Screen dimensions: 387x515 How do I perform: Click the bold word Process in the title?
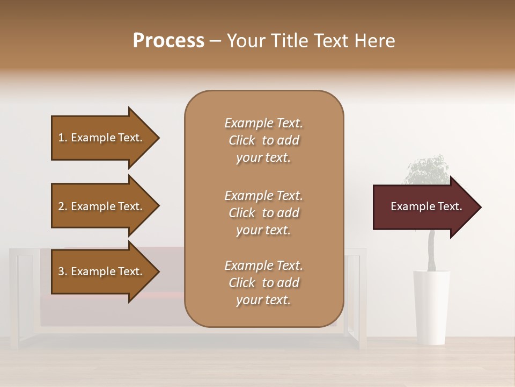(x=168, y=41)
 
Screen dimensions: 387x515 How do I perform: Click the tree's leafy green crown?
(x=426, y=169)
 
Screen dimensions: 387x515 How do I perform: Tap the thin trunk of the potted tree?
(x=431, y=253)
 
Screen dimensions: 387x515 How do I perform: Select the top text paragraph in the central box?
(x=263, y=140)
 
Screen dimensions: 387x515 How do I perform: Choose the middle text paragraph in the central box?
(x=263, y=213)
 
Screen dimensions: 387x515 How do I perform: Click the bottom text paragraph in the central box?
(x=263, y=283)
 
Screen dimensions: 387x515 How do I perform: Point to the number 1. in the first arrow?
(x=63, y=138)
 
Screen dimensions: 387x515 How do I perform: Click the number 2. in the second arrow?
(x=63, y=206)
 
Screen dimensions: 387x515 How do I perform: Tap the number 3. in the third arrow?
(x=63, y=271)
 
